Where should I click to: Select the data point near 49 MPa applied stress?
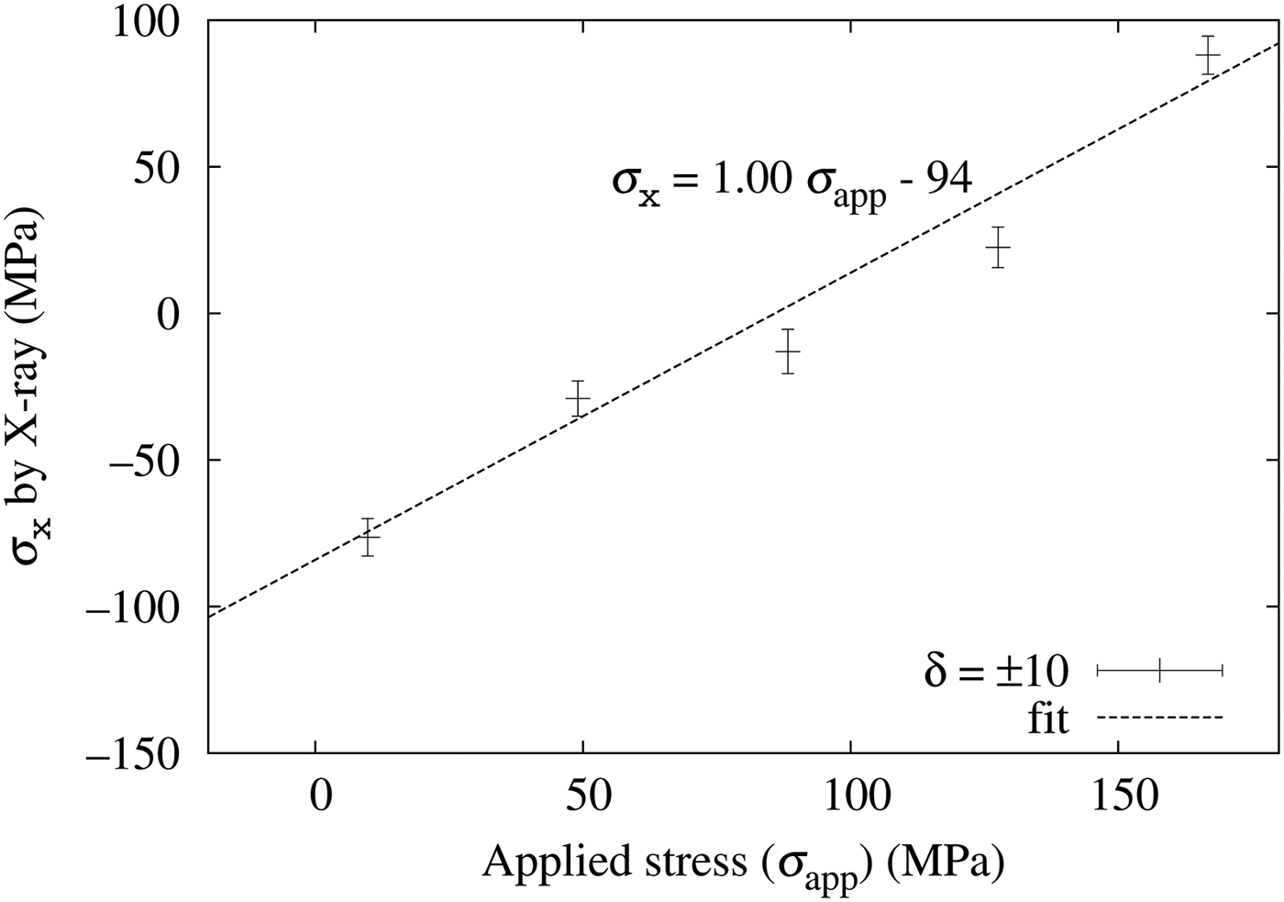[578, 399]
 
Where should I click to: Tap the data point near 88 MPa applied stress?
[787, 351]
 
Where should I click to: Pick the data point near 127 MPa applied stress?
[998, 248]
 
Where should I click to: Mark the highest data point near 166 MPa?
[1208, 56]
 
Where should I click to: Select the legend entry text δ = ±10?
[996, 673]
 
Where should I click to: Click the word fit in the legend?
[1048, 718]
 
